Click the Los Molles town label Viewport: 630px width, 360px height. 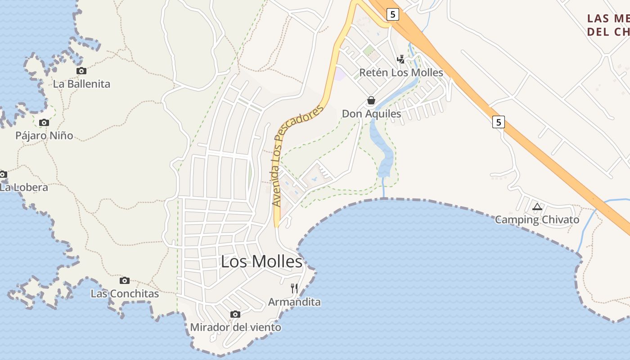pyautogui.click(x=261, y=261)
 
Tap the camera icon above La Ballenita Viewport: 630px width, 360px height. pyautogui.click(x=81, y=71)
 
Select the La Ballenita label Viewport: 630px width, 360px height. pyautogui.click(x=81, y=84)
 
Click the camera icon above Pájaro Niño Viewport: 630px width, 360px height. pyautogui.click(x=44, y=122)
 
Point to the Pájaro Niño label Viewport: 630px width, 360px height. pyautogui.click(x=44, y=135)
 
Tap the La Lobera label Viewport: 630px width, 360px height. pyautogui.click(x=23, y=187)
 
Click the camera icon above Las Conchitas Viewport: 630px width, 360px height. pyautogui.click(x=125, y=280)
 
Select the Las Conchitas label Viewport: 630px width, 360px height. pyautogui.click(x=125, y=294)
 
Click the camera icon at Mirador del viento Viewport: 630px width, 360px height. pyautogui.click(x=235, y=314)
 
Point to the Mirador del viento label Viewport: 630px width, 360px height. pyautogui.click(x=235, y=327)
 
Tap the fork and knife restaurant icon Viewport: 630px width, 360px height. pyautogui.click(x=294, y=288)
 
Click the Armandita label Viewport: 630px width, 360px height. pyautogui.click(x=294, y=301)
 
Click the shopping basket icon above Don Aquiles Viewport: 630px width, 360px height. pyautogui.click(x=371, y=100)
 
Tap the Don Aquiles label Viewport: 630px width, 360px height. pyautogui.click(x=371, y=113)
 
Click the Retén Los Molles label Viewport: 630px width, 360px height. pyautogui.click(x=401, y=72)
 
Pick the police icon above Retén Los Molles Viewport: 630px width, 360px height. pyautogui.click(x=400, y=59)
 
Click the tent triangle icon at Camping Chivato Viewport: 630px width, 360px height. pyautogui.click(x=537, y=207)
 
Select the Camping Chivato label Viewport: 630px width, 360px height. pyautogui.click(x=537, y=220)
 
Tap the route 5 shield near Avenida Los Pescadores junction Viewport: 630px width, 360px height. pyautogui.click(x=393, y=14)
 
